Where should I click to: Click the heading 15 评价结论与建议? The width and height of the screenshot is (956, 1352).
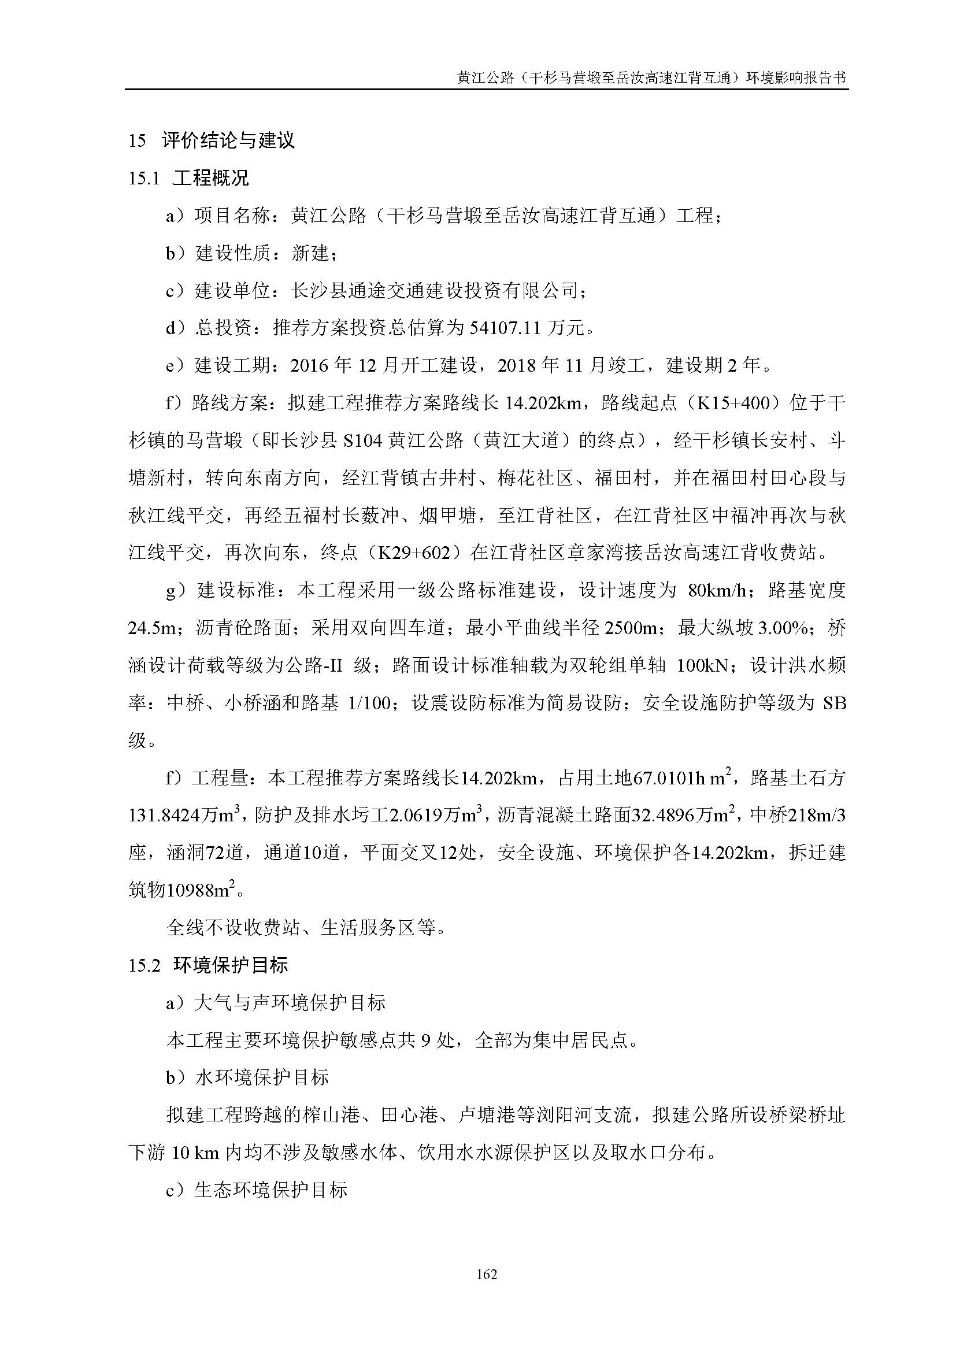pos(212,140)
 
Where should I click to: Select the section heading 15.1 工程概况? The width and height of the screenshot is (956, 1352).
pos(188,178)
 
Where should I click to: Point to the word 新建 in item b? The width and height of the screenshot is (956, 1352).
pos(310,253)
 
